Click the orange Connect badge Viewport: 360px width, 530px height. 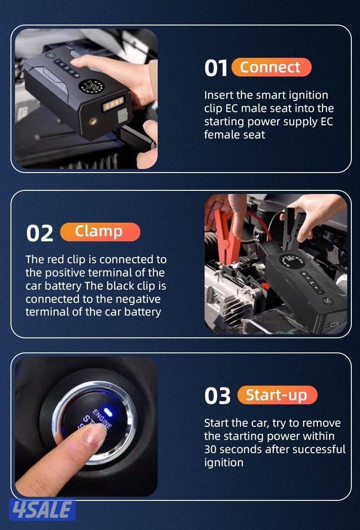[271, 67]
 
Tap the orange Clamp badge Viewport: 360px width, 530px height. [100, 232]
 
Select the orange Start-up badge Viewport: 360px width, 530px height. [277, 395]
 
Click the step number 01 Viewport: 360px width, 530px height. [216, 69]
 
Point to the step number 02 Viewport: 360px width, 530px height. [40, 234]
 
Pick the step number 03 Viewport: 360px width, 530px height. [217, 396]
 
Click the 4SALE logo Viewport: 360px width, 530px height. [42, 510]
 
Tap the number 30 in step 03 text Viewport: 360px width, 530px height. [211, 449]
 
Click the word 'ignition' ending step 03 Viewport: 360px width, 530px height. [223, 463]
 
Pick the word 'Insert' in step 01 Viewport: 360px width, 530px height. [219, 95]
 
